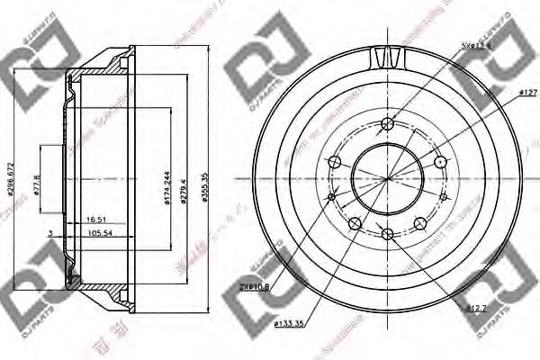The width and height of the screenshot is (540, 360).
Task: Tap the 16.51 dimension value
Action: (97, 218)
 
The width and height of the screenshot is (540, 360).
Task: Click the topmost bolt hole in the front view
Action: (388, 123)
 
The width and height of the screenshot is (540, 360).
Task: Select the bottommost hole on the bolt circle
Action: (388, 234)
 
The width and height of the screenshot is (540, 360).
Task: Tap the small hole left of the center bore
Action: (331, 196)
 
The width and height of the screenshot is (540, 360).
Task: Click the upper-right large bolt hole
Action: (440, 162)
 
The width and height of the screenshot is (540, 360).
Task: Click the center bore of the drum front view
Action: (388, 178)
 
